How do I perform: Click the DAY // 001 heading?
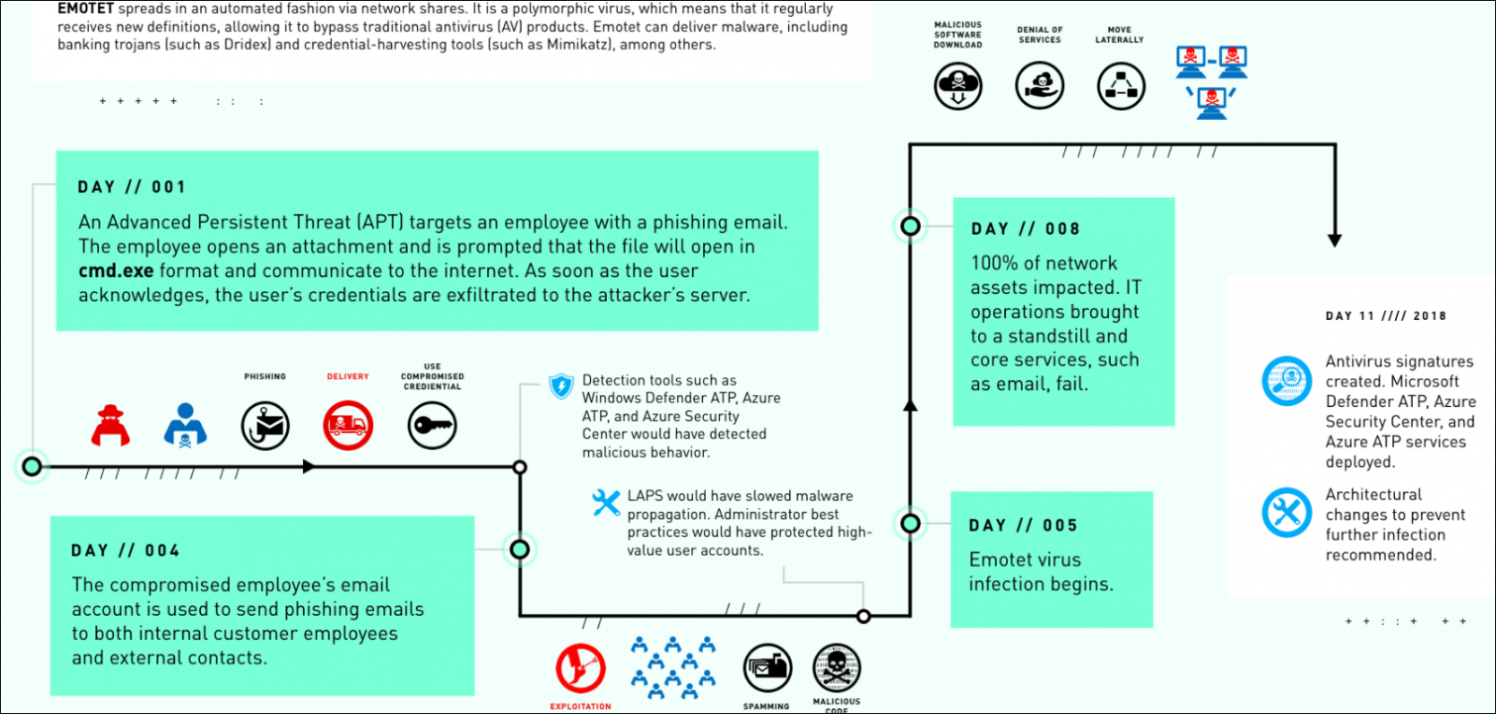[x=132, y=187]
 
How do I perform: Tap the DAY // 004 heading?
[x=125, y=551]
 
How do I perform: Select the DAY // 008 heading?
[x=1026, y=229]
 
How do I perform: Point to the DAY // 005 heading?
[x=1023, y=526]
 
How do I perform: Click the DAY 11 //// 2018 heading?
[x=1386, y=316]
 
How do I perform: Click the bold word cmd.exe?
[x=116, y=271]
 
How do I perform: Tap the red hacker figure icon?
[x=110, y=426]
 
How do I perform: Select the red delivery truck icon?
[x=348, y=426]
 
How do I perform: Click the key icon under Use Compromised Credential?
[x=432, y=426]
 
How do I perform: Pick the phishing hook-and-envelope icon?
[x=266, y=426]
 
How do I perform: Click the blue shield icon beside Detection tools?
[x=561, y=386]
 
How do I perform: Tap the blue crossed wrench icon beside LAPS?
[x=606, y=503]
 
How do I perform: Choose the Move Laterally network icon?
[x=1120, y=86]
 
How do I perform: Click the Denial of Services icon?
[x=1040, y=86]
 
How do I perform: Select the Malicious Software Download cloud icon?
[x=958, y=86]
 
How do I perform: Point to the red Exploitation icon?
[x=581, y=668]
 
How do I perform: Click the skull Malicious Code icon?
[x=836, y=668]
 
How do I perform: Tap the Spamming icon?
[x=767, y=668]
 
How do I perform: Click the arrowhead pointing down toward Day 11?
[x=1334, y=240]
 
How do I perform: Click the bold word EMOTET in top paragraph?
[x=85, y=8]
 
